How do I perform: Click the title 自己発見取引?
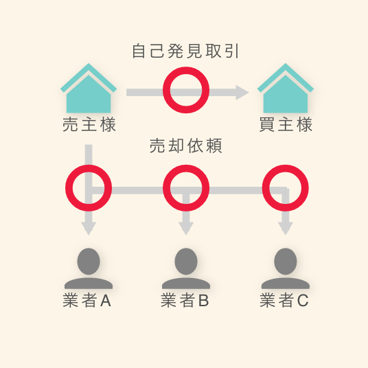[185, 51]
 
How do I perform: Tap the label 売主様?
[89, 124]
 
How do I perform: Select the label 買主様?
[286, 124]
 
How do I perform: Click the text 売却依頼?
[186, 146]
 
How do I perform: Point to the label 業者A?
[87, 301]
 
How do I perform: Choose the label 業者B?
[185, 301]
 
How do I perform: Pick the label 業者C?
[284, 301]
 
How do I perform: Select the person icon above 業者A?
[89, 268]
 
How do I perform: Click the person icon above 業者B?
[186, 268]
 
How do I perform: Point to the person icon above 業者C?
[286, 268]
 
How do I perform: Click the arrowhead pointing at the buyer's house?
[242, 93]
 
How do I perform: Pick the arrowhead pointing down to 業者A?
[89, 228]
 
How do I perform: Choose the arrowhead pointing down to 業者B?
[186, 228]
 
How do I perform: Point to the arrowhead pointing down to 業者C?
[286, 228]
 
